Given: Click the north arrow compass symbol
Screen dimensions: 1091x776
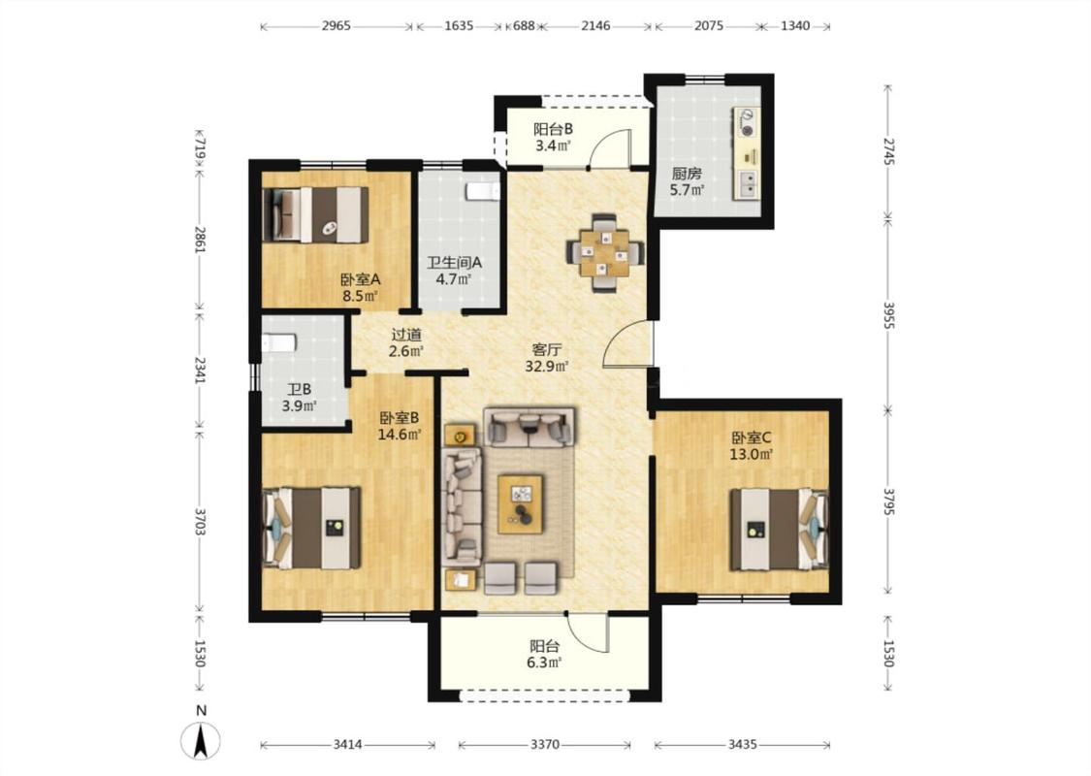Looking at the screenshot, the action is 201,740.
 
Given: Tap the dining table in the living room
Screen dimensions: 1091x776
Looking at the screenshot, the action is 604,252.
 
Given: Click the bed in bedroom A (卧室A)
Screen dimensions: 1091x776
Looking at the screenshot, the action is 316,215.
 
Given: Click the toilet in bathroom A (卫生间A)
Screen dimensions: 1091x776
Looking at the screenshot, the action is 483,191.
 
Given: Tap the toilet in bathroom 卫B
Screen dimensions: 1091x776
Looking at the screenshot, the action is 279,342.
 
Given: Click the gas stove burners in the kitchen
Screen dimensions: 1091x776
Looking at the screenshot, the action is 747,122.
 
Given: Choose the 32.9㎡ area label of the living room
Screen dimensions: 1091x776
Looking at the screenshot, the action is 547,366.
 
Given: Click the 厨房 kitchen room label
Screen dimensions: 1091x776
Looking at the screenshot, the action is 686,174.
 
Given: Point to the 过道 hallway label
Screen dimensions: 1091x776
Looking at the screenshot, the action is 406,335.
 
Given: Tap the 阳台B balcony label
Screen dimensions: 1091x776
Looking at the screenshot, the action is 553,129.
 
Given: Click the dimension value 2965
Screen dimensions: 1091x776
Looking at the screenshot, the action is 337,26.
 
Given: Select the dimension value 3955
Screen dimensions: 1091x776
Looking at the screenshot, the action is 887,315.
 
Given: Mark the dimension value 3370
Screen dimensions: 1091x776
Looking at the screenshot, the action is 545,745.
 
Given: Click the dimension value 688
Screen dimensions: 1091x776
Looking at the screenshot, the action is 524,26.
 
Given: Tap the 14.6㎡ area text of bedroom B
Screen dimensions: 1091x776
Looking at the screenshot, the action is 400,435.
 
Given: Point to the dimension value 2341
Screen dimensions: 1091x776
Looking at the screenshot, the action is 200,371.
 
